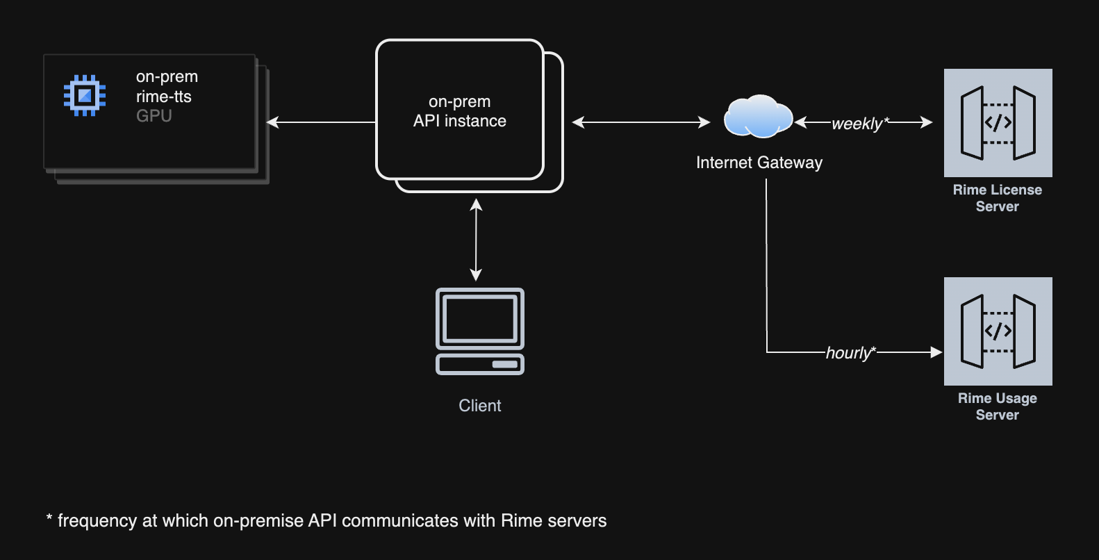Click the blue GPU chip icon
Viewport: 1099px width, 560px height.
(85, 95)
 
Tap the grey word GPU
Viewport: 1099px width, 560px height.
(154, 116)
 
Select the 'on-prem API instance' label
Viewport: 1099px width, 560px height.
(459, 112)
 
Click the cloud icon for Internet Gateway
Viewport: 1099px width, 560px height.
(758, 116)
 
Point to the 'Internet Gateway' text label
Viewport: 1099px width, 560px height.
(759, 163)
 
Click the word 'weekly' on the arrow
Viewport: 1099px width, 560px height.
(857, 124)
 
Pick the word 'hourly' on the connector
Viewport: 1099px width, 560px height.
(848, 353)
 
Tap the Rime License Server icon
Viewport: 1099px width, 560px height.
(998, 123)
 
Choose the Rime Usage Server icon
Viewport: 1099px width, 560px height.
(998, 331)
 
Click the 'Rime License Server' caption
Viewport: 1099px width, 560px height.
(997, 198)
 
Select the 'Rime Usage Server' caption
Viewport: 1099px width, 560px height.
(997, 406)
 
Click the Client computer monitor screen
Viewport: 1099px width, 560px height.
(479, 318)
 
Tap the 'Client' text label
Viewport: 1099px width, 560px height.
(479, 406)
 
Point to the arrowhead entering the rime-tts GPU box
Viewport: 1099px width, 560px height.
(272, 122)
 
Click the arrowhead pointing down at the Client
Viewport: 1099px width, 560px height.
(476, 275)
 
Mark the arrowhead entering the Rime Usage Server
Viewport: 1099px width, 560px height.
(936, 352)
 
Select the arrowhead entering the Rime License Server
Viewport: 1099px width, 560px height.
(927, 122)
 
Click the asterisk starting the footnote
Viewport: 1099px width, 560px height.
(49, 518)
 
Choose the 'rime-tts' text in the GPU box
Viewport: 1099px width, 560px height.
(163, 97)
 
